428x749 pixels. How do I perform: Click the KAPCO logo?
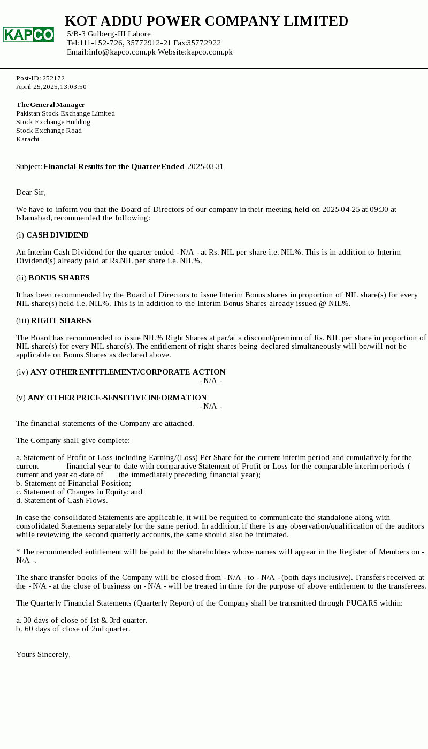point(28,35)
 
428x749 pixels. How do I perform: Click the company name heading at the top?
point(207,21)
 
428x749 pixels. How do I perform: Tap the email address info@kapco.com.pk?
point(122,52)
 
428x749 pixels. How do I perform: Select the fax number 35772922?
point(204,43)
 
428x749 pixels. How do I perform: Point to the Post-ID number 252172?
point(53,78)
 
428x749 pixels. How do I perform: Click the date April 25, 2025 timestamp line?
point(51,87)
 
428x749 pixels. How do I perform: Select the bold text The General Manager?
point(51,105)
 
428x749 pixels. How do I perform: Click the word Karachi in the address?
point(28,139)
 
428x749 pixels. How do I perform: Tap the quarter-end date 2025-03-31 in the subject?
point(205,166)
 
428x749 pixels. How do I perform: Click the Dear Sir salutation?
point(31,192)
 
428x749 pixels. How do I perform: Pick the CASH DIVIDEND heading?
point(57,235)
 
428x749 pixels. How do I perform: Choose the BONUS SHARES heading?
point(59,278)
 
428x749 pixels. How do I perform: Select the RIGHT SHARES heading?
point(61,320)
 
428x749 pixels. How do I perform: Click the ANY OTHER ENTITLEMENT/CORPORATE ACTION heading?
point(128,372)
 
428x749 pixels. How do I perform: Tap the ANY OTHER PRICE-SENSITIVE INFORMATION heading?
point(117,398)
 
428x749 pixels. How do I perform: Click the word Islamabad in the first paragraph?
point(34,218)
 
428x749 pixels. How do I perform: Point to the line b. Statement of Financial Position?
point(73,483)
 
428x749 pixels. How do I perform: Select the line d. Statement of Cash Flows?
point(62,500)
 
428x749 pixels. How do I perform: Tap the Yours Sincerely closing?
point(43,654)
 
